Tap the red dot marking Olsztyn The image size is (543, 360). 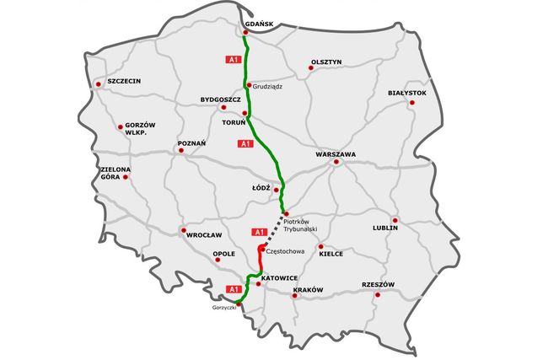click(310, 68)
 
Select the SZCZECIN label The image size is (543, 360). click(123, 81)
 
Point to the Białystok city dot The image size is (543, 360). click(412, 103)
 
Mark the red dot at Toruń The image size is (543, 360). click(245, 113)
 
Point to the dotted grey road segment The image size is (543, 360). click(274, 228)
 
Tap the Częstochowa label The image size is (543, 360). click(284, 250)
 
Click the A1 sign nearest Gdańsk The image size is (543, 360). click(234, 60)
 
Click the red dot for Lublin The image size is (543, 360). click(395, 220)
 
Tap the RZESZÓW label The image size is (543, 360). click(378, 284)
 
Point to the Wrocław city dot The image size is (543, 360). click(183, 229)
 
